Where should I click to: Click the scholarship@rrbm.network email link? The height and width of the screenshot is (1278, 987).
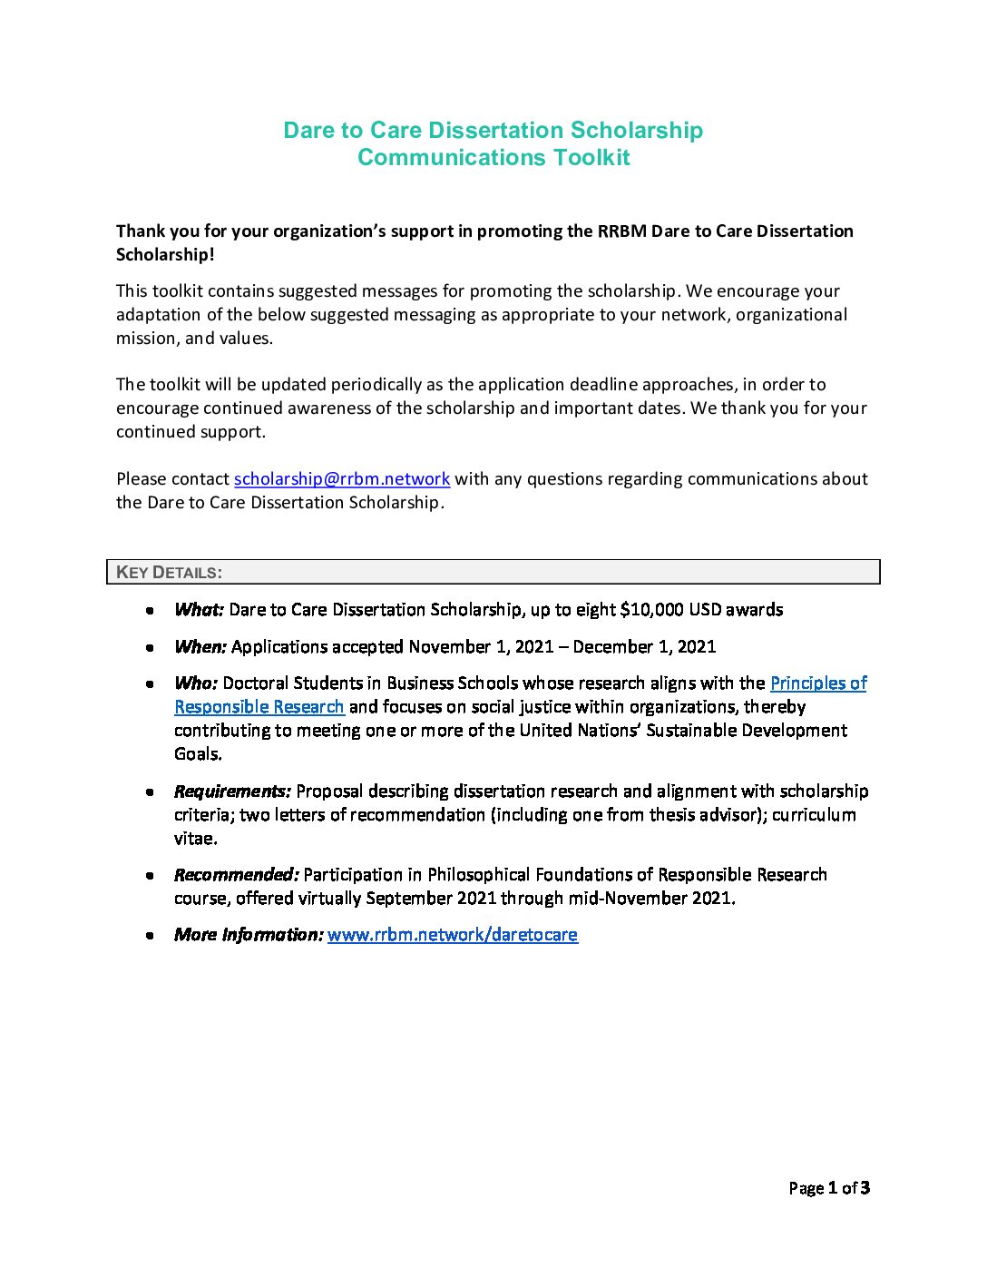coord(342,479)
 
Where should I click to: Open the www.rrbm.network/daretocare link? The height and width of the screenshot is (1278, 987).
coord(452,935)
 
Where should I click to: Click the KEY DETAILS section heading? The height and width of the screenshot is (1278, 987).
coord(170,573)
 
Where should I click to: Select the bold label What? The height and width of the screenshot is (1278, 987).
coord(199,610)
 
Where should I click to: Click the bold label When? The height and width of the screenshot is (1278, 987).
coord(200,647)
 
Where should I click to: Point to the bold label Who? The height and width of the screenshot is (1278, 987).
coord(195,683)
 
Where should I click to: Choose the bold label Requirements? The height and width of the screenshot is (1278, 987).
coord(232,791)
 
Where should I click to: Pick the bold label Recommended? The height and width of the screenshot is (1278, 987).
coord(236,875)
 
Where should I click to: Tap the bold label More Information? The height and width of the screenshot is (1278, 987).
coord(248,935)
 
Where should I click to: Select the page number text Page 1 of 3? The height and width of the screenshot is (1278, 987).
coord(829,1188)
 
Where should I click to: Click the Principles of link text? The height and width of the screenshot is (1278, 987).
coord(818,683)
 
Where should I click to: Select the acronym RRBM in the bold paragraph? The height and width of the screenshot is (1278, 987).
coord(621,231)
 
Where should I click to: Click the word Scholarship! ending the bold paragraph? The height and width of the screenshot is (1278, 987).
coord(165,255)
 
